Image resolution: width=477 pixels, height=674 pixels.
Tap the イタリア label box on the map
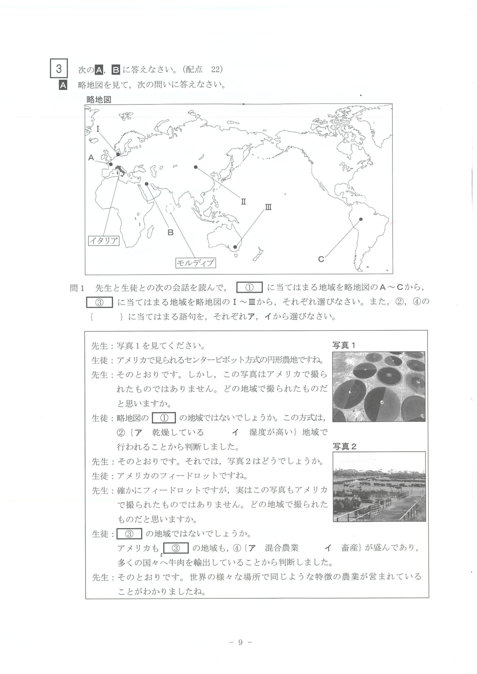104,241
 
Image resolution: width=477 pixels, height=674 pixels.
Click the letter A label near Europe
91,158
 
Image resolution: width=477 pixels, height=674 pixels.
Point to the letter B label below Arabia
170,233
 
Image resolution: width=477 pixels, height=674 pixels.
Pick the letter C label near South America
321,259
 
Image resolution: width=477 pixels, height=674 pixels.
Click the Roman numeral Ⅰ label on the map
98,129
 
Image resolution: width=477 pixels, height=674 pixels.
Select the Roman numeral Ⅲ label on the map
268,207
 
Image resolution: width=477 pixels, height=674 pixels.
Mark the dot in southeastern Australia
235,247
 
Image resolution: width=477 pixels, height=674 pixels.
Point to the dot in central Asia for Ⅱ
196,167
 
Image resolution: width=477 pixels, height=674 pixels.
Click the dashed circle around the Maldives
170,209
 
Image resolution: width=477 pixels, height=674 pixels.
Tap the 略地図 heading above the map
99,100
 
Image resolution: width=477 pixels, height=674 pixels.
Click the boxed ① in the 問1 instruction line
249,288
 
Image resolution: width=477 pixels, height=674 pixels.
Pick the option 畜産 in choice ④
350,548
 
